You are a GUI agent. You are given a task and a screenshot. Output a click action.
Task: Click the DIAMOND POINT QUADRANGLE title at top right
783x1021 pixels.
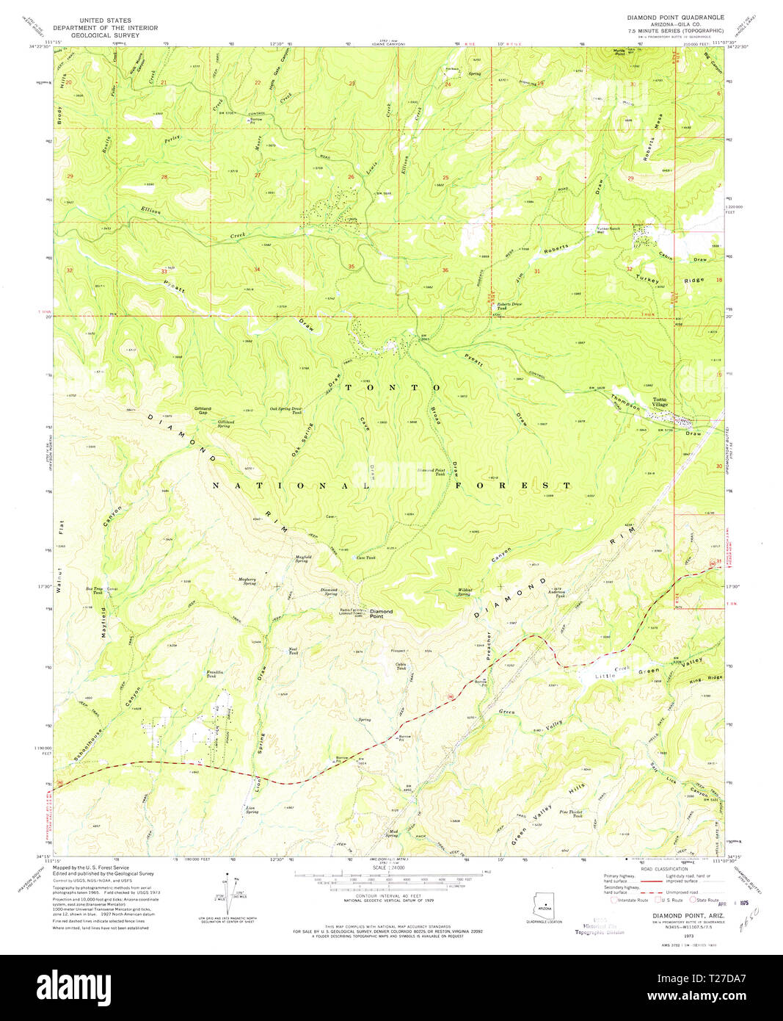click(674, 17)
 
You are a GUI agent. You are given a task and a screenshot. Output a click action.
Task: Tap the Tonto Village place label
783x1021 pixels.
click(660, 403)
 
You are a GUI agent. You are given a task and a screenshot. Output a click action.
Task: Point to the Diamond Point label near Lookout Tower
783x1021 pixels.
click(381, 613)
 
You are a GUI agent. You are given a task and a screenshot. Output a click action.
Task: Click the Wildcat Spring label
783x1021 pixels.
click(465, 591)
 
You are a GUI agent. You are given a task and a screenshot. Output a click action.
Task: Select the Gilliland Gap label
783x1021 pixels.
click(203, 410)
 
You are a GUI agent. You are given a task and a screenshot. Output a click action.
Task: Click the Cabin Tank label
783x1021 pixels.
click(401, 666)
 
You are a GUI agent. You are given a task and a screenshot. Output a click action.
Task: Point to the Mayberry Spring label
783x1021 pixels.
click(247, 581)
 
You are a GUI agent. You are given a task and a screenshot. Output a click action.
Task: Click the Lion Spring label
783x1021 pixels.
click(251, 809)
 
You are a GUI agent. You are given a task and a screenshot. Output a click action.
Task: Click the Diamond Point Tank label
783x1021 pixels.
click(431, 472)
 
